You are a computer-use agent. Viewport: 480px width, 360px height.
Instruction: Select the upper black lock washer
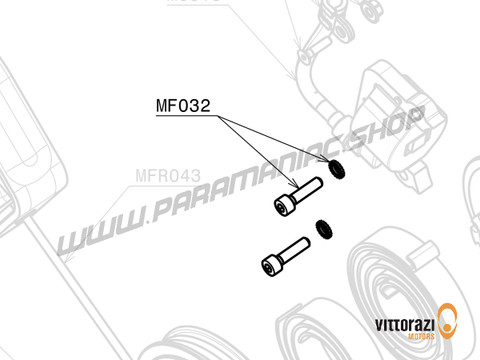click(x=339, y=172)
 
